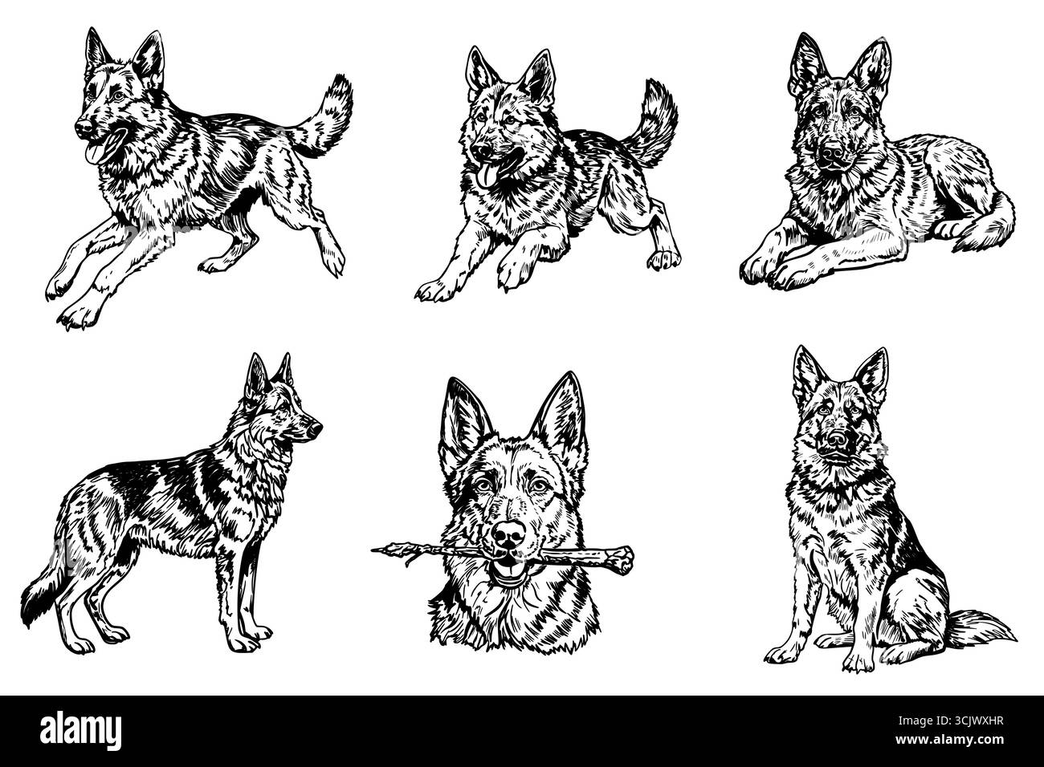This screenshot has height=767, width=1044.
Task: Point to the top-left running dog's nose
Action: click(x=81, y=128)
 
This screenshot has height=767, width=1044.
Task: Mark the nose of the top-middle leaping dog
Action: click(x=479, y=150)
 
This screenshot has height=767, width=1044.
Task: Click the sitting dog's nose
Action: click(x=838, y=439)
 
